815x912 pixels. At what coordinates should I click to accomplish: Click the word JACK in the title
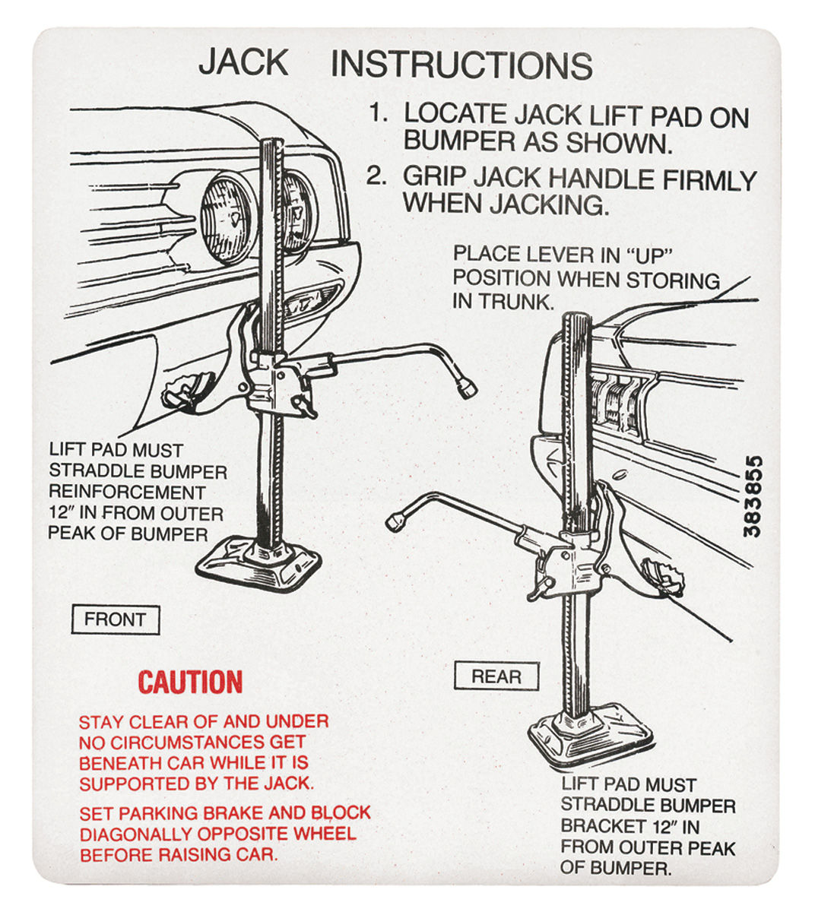point(243,62)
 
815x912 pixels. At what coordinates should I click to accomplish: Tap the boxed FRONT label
point(115,619)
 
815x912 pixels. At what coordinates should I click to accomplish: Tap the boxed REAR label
point(496,676)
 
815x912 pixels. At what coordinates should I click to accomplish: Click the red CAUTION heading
point(190,682)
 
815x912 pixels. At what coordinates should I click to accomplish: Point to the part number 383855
point(752,496)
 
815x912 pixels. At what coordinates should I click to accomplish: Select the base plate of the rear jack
point(590,733)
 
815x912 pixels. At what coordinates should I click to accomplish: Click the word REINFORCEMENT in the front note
point(127,492)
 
